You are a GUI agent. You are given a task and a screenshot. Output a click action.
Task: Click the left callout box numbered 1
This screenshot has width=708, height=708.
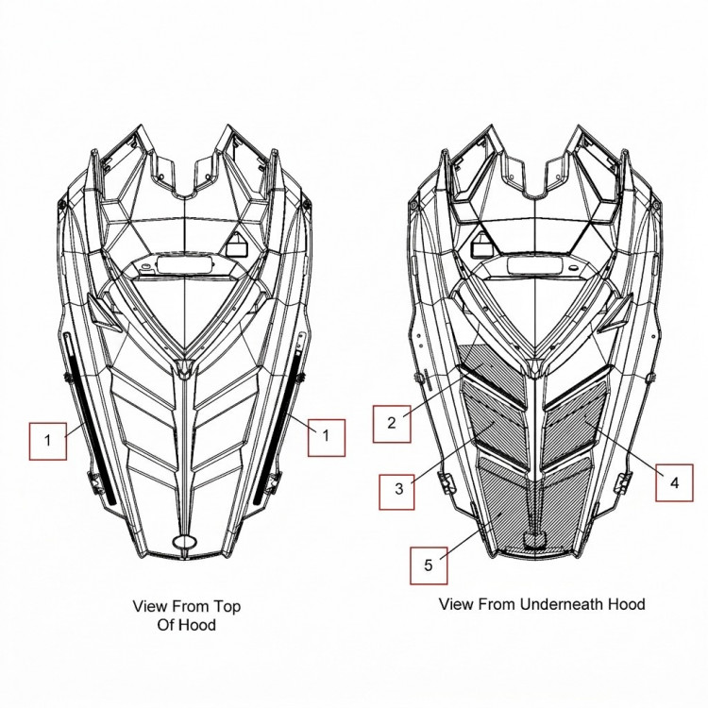(48, 441)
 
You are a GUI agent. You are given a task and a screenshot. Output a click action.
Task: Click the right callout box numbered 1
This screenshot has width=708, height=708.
(327, 437)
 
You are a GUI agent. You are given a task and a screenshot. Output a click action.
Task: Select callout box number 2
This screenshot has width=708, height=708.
(392, 424)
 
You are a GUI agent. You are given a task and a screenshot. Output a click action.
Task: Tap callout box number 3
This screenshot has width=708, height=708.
(396, 492)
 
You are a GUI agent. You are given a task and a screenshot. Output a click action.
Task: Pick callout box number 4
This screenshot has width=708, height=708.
(674, 482)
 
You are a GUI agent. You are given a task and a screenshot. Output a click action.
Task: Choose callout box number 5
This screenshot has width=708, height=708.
(429, 565)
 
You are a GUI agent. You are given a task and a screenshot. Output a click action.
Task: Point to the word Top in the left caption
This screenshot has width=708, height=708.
(227, 606)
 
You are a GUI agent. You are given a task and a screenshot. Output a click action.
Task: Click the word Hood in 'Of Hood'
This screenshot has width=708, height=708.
(197, 625)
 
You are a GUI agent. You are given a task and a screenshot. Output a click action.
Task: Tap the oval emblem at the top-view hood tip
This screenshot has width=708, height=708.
(185, 542)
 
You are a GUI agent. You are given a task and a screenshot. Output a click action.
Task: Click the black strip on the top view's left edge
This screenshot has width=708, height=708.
(91, 420)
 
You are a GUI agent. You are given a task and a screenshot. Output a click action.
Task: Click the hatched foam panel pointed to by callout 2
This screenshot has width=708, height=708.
(492, 370)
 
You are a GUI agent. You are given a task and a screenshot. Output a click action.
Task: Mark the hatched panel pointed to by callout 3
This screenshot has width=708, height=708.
(496, 421)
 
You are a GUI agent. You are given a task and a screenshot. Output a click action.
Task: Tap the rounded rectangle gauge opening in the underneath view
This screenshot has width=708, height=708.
(536, 265)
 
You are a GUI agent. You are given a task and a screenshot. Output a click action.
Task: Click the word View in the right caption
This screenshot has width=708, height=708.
(456, 604)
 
